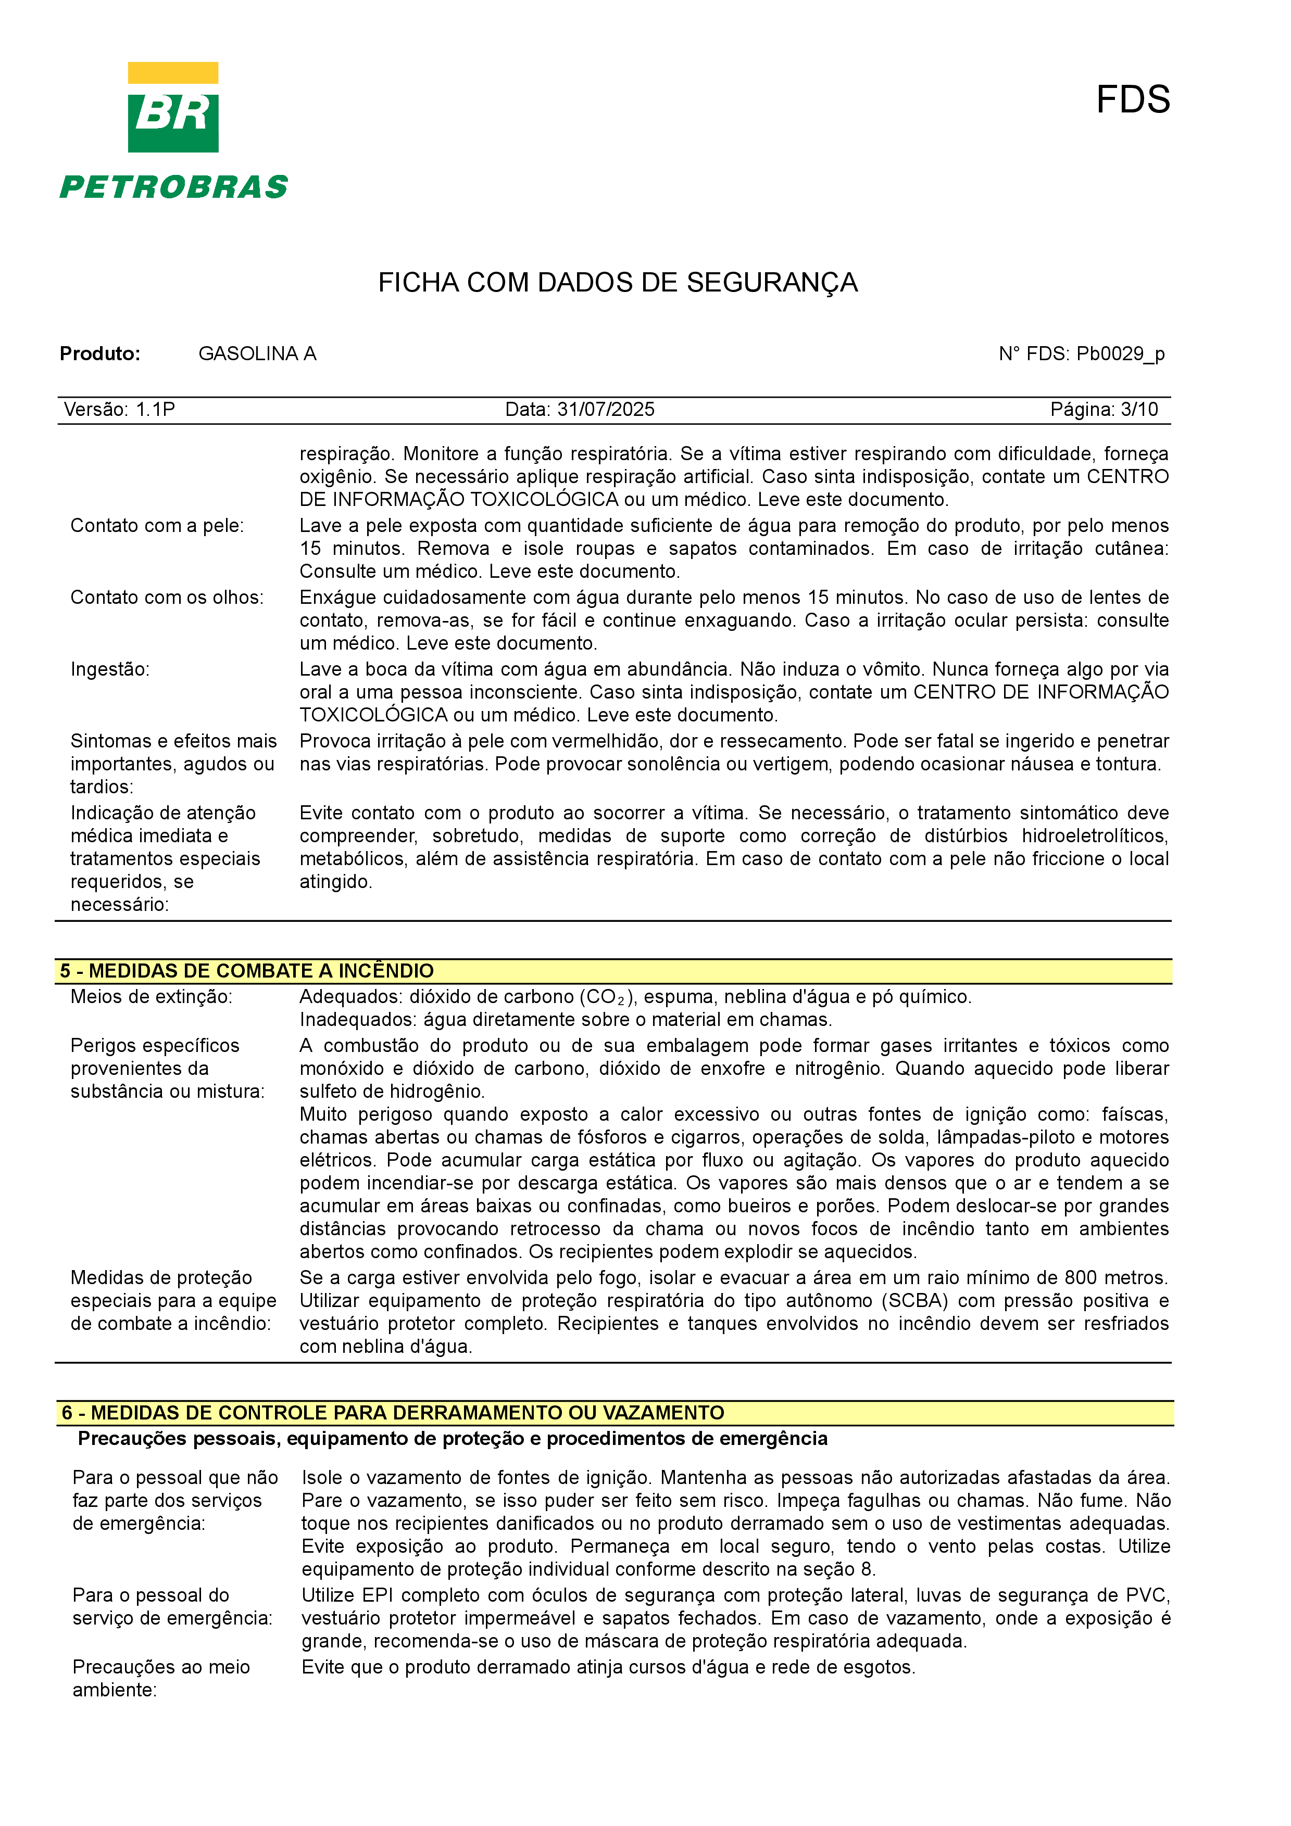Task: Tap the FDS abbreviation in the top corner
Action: pyautogui.click(x=1132, y=100)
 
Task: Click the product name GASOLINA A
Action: pyautogui.click(x=257, y=354)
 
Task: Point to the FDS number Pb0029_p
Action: pyautogui.click(x=1120, y=354)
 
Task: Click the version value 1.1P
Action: pyautogui.click(x=155, y=410)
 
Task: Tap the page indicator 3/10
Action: pyautogui.click(x=1138, y=410)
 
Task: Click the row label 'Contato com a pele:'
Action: pyautogui.click(x=157, y=526)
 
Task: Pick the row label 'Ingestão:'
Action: pyautogui.click(x=110, y=669)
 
